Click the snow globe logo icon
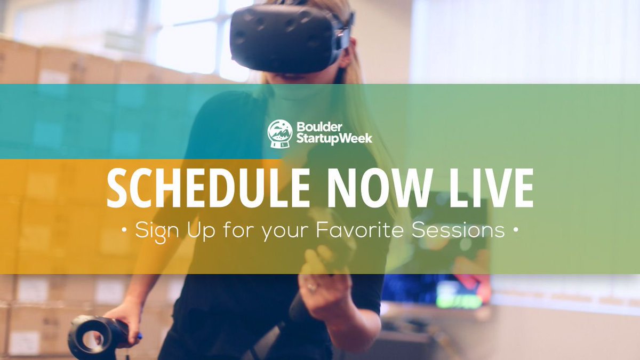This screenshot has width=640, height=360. pyautogui.click(x=280, y=133)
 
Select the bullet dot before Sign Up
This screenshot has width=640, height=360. pyautogui.click(x=124, y=231)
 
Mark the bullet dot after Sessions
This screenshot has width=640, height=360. pyautogui.click(x=515, y=231)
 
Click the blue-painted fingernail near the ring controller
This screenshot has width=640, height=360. pyautogui.click(x=139, y=337)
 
